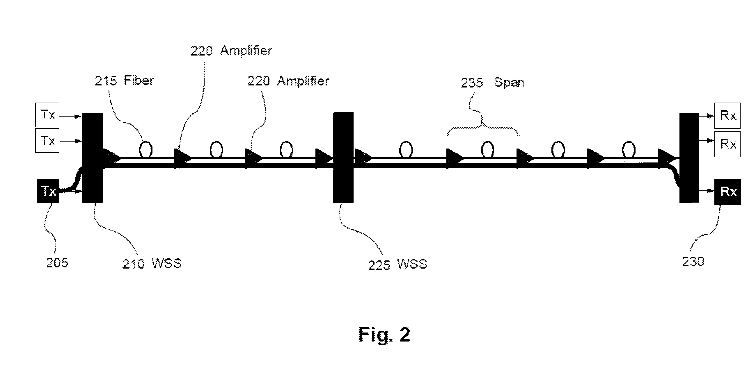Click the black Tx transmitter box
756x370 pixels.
click(48, 191)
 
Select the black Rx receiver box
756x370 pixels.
click(727, 192)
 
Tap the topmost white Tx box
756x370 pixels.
click(47, 115)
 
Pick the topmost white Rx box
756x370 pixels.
click(727, 115)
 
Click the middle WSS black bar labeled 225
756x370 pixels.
click(343, 158)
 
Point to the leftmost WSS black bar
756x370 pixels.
click(93, 158)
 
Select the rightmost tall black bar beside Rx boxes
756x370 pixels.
click(689, 158)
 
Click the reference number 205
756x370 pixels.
click(57, 262)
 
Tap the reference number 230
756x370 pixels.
click(693, 261)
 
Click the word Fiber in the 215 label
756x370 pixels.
click(139, 80)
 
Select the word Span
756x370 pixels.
click(509, 82)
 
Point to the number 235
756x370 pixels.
click(472, 83)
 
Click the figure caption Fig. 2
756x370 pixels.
click(384, 335)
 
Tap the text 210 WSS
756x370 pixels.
click(152, 264)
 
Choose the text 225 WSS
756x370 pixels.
click(397, 264)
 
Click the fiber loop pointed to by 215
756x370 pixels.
click(145, 150)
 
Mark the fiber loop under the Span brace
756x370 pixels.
click(487, 150)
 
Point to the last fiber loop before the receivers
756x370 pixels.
click(629, 150)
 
